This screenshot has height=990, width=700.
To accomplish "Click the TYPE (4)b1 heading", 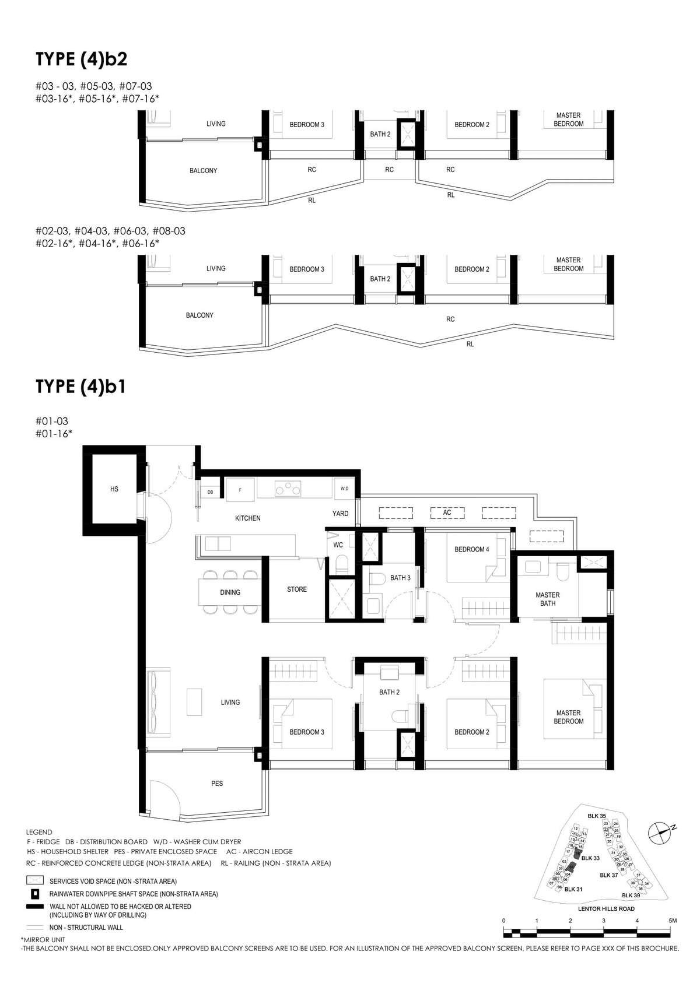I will [x=81, y=387].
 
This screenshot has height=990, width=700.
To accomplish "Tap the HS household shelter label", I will [x=114, y=489].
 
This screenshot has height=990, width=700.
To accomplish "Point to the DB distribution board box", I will [x=210, y=492].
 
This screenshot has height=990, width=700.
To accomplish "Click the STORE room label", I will [x=297, y=589].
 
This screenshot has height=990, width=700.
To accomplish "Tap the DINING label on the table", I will [x=230, y=592].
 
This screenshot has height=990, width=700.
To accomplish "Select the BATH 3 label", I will [x=401, y=578].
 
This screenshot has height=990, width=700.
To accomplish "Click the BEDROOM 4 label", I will [x=472, y=549].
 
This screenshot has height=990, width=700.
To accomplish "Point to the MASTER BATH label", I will [x=548, y=599].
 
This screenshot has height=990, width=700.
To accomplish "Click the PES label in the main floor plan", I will [x=217, y=784].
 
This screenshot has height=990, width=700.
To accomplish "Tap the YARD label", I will [x=340, y=514].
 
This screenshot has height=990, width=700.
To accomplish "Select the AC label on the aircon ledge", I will [x=447, y=512].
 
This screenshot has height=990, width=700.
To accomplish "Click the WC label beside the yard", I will [x=338, y=545].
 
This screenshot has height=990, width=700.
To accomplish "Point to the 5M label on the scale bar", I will [x=673, y=920].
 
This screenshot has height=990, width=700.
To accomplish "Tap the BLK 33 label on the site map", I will [x=590, y=858].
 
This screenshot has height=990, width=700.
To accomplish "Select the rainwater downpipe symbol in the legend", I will [x=36, y=894].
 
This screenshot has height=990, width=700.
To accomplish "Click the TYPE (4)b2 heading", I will [x=81, y=59].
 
